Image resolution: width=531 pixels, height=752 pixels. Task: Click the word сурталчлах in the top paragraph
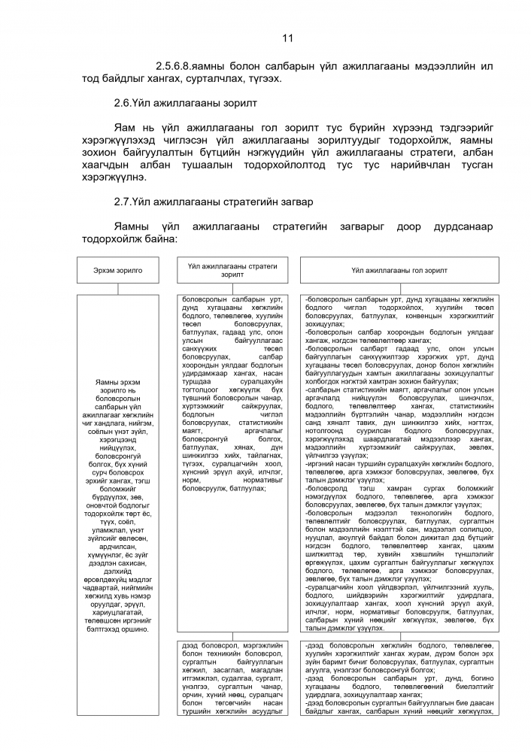coord(210,79)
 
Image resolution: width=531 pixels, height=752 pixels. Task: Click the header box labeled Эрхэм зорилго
coord(118,268)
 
